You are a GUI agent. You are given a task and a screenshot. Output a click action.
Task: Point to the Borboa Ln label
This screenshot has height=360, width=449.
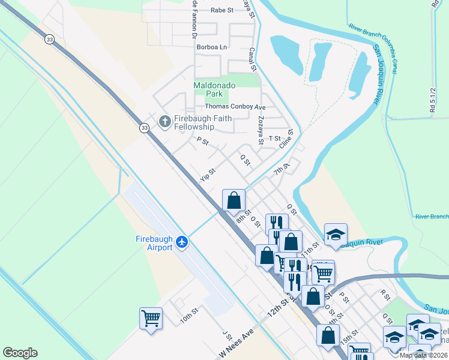[215, 46]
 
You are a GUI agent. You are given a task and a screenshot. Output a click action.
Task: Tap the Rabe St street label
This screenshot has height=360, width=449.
[221, 10]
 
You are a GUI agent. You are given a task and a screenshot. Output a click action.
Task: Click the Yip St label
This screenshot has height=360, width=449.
[208, 176]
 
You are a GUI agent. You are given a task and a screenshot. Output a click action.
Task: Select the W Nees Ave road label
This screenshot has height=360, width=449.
[237, 344]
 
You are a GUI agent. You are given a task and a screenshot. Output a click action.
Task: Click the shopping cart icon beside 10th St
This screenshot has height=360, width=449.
[151, 318]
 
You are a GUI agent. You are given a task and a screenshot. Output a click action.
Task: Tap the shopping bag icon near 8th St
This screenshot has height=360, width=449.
[234, 200]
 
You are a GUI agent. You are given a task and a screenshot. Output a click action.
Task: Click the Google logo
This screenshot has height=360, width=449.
[20, 353]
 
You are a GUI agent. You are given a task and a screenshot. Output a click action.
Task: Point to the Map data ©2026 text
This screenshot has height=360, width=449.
[423, 355]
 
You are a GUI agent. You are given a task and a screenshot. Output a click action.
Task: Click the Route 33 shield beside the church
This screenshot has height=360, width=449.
[144, 128]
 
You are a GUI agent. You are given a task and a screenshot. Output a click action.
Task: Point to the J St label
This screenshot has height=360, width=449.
[226, 334]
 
